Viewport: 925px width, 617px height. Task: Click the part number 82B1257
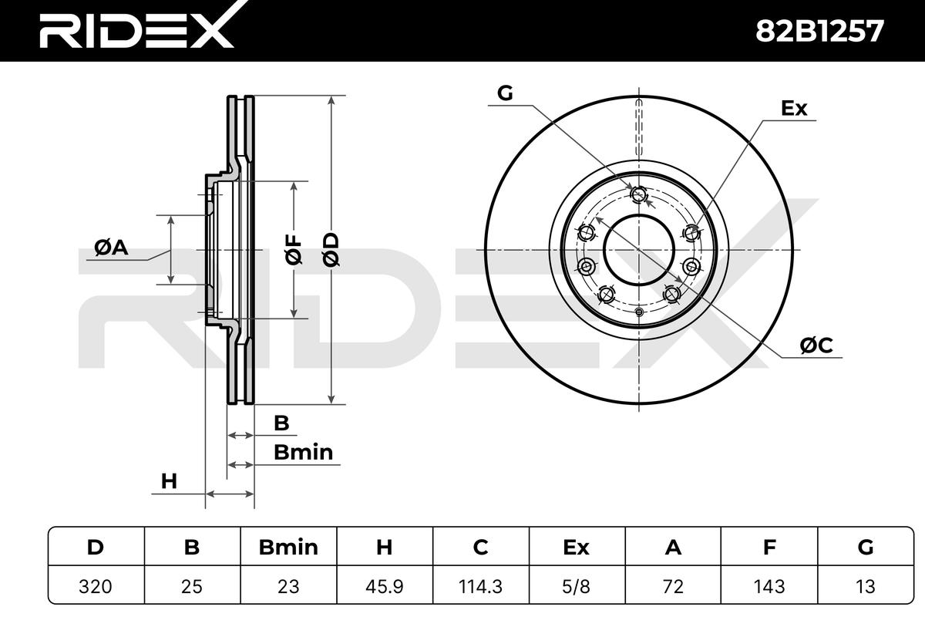coord(819,32)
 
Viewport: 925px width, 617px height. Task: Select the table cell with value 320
coord(96,586)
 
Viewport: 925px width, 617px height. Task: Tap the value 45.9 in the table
coord(385,586)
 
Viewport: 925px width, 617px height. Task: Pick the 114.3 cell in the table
coord(481,586)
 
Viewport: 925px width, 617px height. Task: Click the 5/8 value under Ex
coord(577,586)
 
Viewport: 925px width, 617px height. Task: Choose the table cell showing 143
coord(769,586)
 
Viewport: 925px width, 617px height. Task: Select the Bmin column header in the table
coord(288,547)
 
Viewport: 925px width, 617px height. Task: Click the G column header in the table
coord(866,547)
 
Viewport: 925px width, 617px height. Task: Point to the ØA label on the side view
coord(111,248)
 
